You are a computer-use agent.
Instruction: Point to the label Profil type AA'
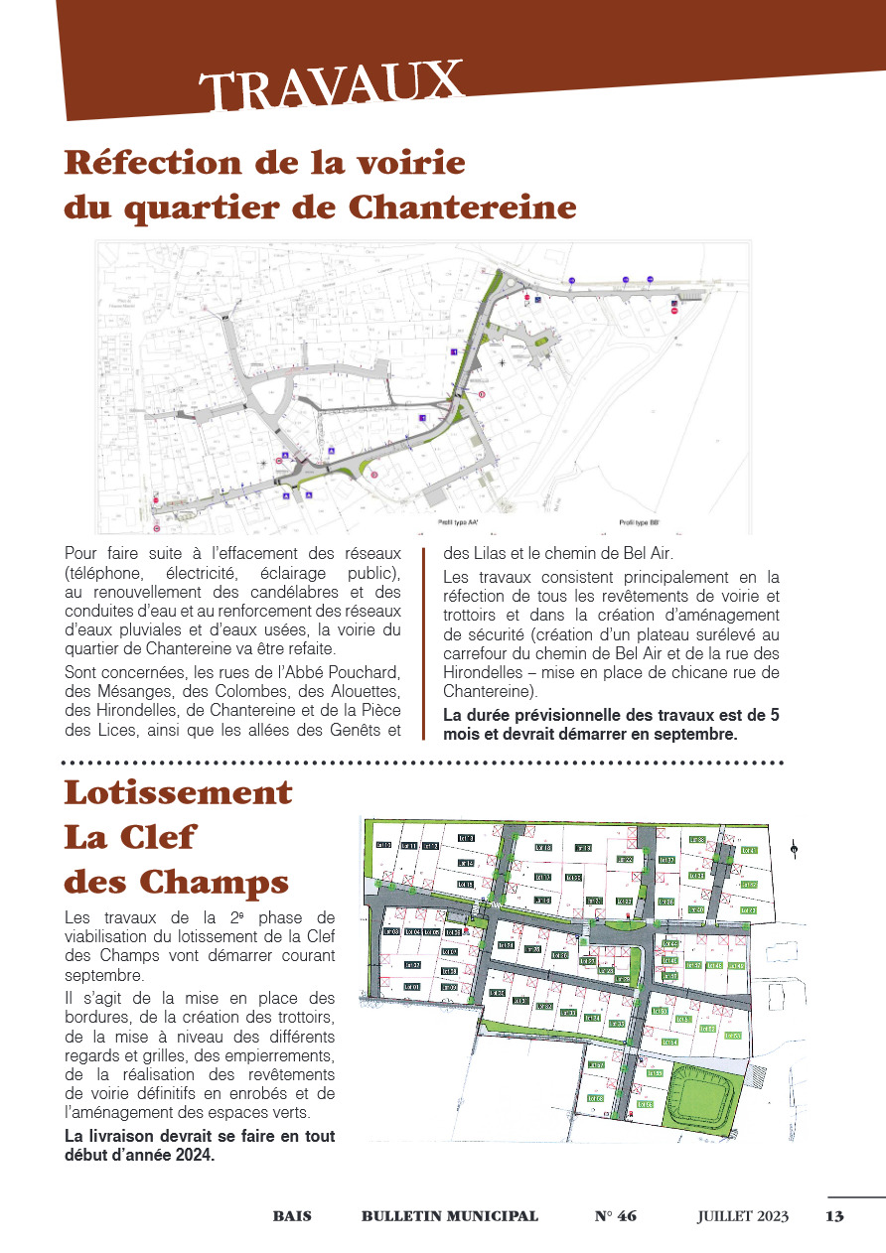coord(458,521)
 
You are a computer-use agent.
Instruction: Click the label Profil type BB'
coord(640,521)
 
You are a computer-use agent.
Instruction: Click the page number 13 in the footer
coord(834,1216)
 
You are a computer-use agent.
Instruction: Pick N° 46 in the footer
coord(615,1216)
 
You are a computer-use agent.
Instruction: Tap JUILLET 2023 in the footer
coord(742,1216)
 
